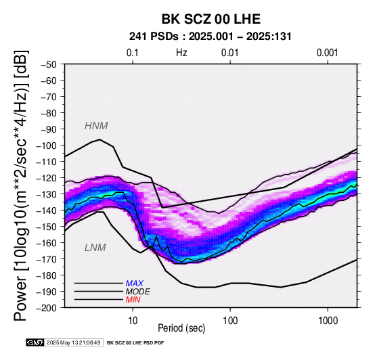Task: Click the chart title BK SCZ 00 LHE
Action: pyautogui.click(x=211, y=19)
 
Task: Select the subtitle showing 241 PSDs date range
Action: pyautogui.click(x=211, y=37)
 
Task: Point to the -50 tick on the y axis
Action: pyautogui.click(x=49, y=64)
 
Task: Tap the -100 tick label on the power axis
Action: pyautogui.click(x=46, y=145)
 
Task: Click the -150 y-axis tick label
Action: pyautogui.click(x=46, y=227)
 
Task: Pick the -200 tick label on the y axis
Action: pyautogui.click(x=46, y=308)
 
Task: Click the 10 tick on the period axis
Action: pyautogui.click(x=133, y=321)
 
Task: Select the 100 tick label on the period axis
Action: pyautogui.click(x=230, y=321)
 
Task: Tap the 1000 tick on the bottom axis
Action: pyautogui.click(x=328, y=321)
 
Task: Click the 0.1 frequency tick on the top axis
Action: pyautogui.click(x=133, y=53)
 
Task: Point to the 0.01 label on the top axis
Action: pyautogui.click(x=230, y=53)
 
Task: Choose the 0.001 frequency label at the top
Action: pyautogui.click(x=328, y=53)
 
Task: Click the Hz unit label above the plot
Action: pyautogui.click(x=181, y=53)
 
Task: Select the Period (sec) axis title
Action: pyautogui.click(x=181, y=328)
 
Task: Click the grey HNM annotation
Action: pyautogui.click(x=96, y=126)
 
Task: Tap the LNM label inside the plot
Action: pyautogui.click(x=95, y=248)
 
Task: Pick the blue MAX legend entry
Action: pyautogui.click(x=135, y=284)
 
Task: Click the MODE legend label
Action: pyautogui.click(x=138, y=292)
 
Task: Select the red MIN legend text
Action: pyautogui.click(x=133, y=300)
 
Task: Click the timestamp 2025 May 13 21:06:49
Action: pyautogui.click(x=73, y=343)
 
